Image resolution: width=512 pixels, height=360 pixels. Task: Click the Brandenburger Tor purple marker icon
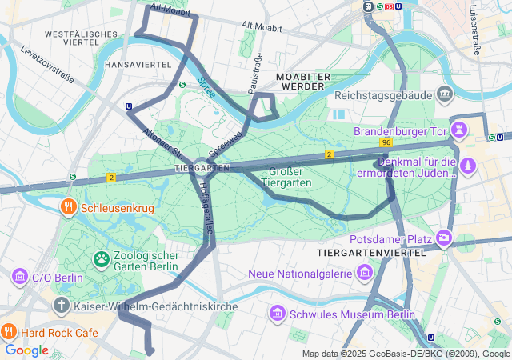pos(460,129)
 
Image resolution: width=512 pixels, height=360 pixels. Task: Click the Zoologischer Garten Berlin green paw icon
pos(102,258)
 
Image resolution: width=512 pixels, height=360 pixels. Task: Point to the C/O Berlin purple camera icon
pos(19,278)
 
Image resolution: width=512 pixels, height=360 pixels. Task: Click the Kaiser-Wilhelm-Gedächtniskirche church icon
pos(62,306)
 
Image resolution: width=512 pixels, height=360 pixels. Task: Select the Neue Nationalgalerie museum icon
pos(365,274)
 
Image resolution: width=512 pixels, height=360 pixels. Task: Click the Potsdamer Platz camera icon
pos(444,238)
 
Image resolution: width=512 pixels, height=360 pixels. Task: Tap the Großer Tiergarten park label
pos(289,176)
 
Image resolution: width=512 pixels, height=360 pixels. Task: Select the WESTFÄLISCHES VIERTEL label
pos(77,40)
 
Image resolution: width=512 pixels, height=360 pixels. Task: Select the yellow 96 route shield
pos(386,142)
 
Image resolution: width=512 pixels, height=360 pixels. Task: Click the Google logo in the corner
pos(26,350)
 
